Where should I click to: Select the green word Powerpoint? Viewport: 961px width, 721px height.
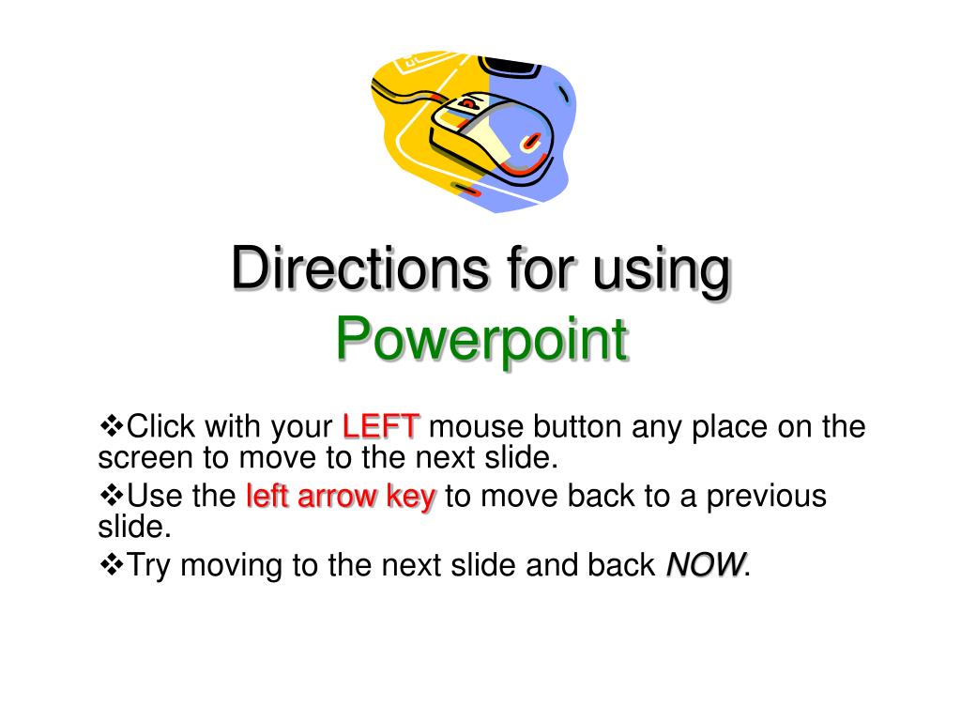pos(481,340)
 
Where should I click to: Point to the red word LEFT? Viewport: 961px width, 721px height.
pos(381,427)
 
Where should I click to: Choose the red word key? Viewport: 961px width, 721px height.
pos(411,497)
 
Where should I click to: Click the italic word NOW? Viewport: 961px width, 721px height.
pos(706,565)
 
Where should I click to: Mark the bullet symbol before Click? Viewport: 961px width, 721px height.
pos(112,426)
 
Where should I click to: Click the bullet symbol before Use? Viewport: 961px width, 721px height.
pos(112,495)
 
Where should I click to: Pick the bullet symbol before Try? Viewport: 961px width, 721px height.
pos(112,564)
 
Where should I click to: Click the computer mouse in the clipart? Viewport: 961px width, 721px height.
pos(493,131)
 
